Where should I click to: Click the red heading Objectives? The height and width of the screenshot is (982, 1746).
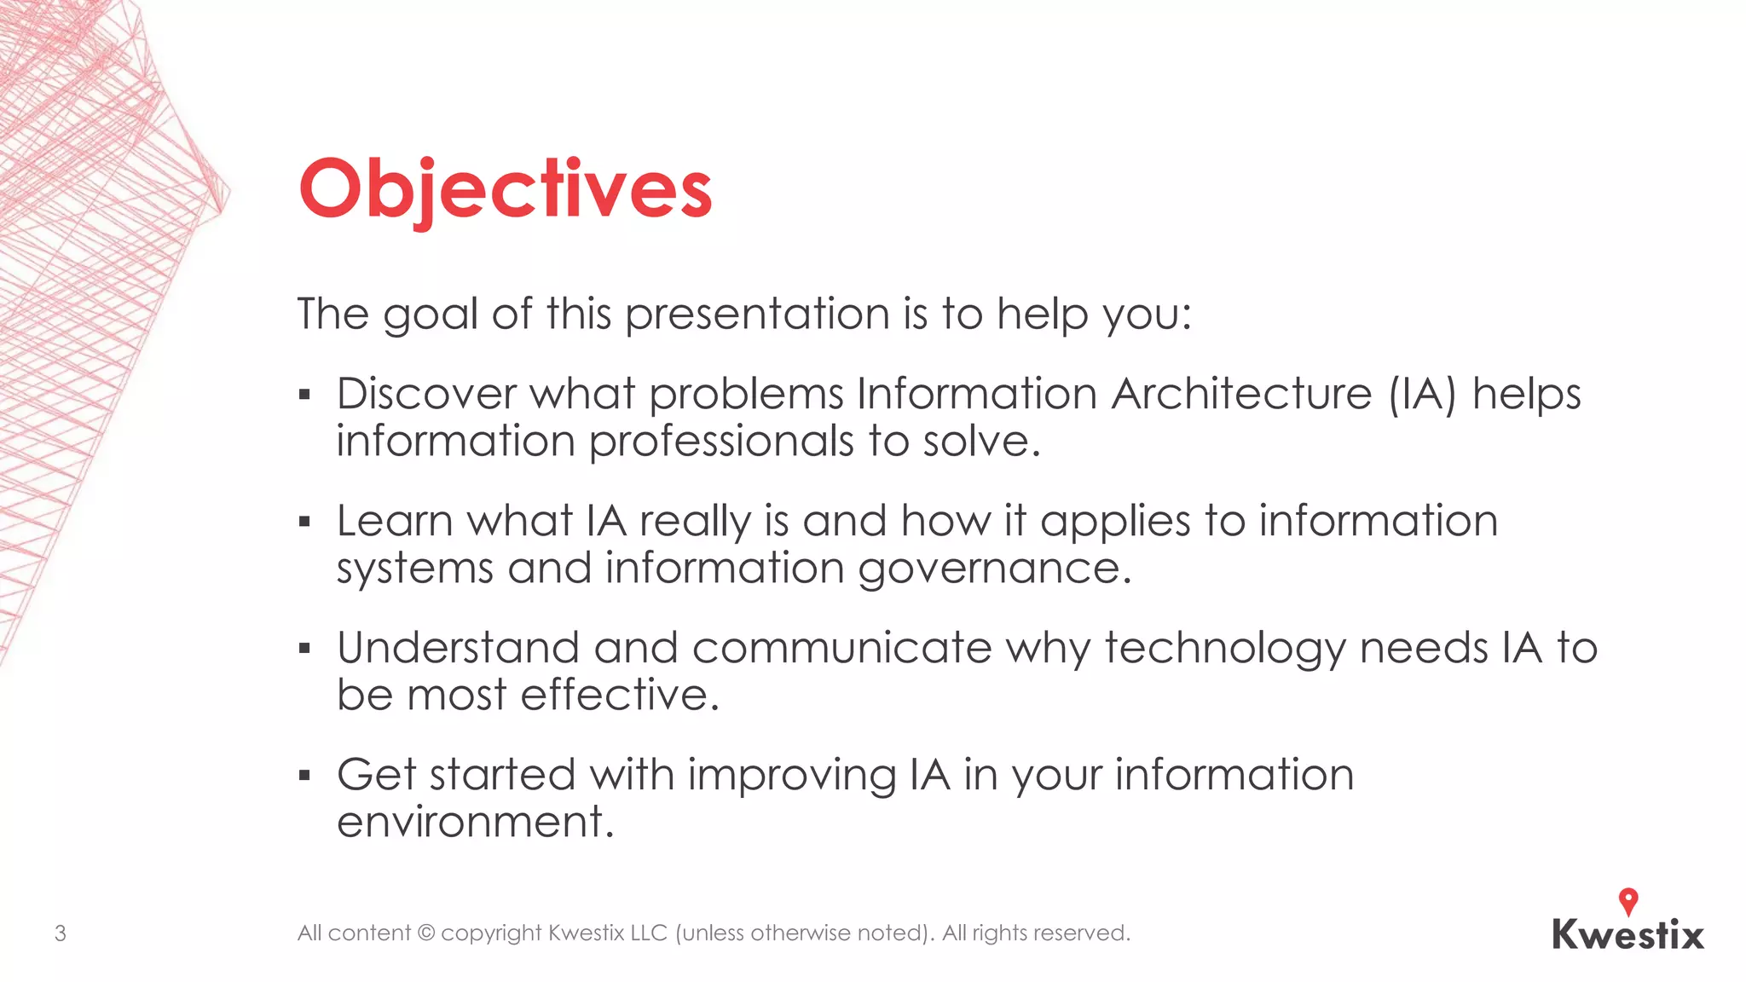(x=505, y=189)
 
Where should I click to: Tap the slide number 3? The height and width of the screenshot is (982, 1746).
(x=61, y=933)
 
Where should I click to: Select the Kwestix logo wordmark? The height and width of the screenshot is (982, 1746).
(x=1627, y=935)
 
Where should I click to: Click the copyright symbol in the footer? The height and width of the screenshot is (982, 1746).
(x=425, y=933)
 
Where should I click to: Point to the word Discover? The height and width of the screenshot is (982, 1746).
(x=426, y=394)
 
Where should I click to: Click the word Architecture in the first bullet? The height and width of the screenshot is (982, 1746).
(x=1241, y=394)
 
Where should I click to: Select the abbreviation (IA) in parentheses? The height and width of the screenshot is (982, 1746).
(x=1422, y=394)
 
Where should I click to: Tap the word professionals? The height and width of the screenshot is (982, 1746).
(x=721, y=442)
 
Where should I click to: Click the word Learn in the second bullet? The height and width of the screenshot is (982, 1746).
(x=394, y=521)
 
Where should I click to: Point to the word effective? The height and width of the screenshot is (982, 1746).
(x=620, y=695)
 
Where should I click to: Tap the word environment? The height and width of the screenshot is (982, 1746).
(x=475, y=823)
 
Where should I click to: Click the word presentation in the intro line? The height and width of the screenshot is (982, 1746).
(x=757, y=314)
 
